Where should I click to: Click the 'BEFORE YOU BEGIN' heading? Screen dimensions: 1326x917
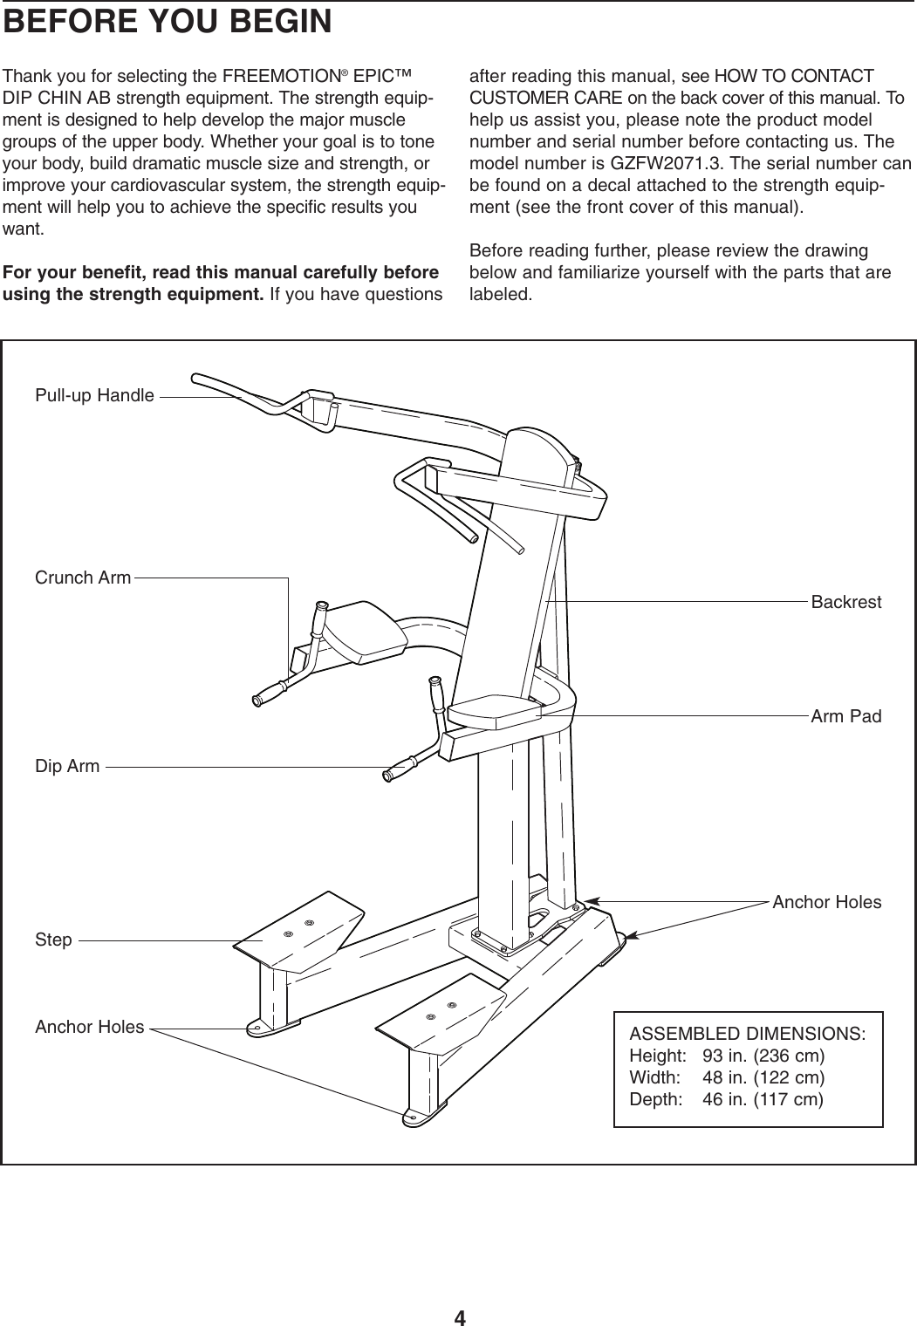[168, 22]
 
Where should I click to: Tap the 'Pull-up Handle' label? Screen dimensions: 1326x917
[94, 395]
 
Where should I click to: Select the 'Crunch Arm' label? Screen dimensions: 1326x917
[83, 578]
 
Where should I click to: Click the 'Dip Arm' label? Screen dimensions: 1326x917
[67, 767]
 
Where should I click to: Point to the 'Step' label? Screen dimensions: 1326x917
[53, 940]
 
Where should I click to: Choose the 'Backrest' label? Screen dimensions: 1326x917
[845, 602]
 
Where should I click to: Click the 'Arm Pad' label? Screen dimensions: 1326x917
[845, 716]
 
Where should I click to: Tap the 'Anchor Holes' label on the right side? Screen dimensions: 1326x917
[826, 901]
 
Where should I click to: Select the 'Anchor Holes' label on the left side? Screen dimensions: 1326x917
[89, 1027]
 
